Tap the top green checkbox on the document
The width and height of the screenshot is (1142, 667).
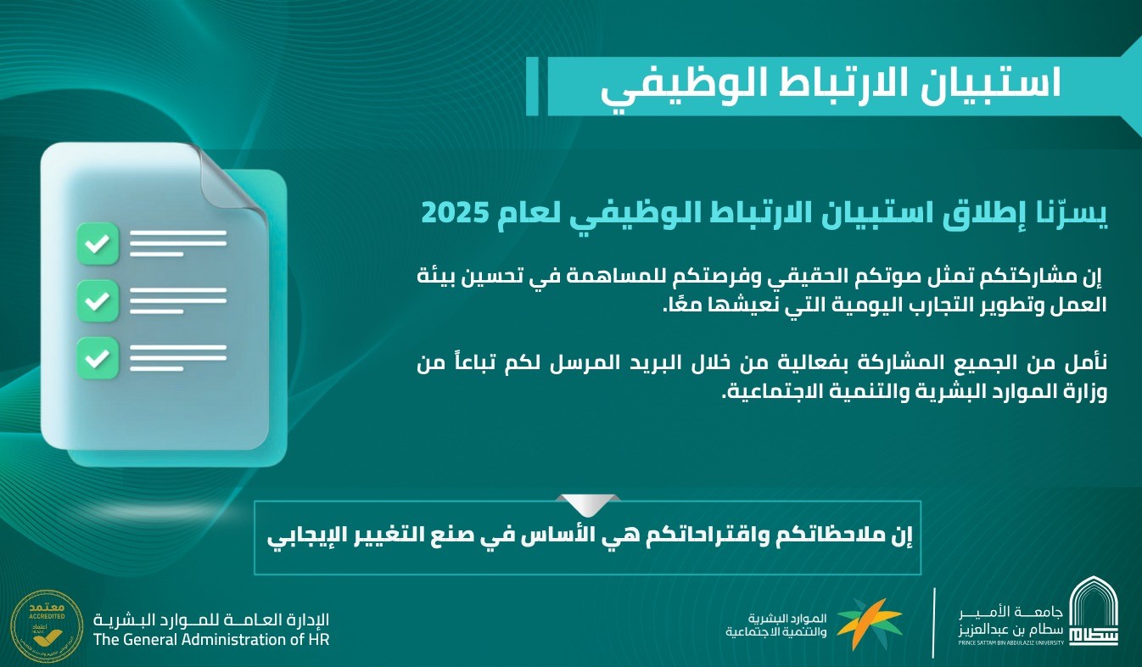coord(98,244)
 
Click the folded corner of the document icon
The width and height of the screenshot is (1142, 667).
coord(231,173)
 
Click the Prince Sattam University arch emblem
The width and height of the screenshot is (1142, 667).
coord(1094,612)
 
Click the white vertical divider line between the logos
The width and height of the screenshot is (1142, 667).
coord(934,623)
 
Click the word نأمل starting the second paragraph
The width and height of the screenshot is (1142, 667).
coord(1086,363)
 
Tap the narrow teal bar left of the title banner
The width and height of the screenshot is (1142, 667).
coord(532,86)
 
